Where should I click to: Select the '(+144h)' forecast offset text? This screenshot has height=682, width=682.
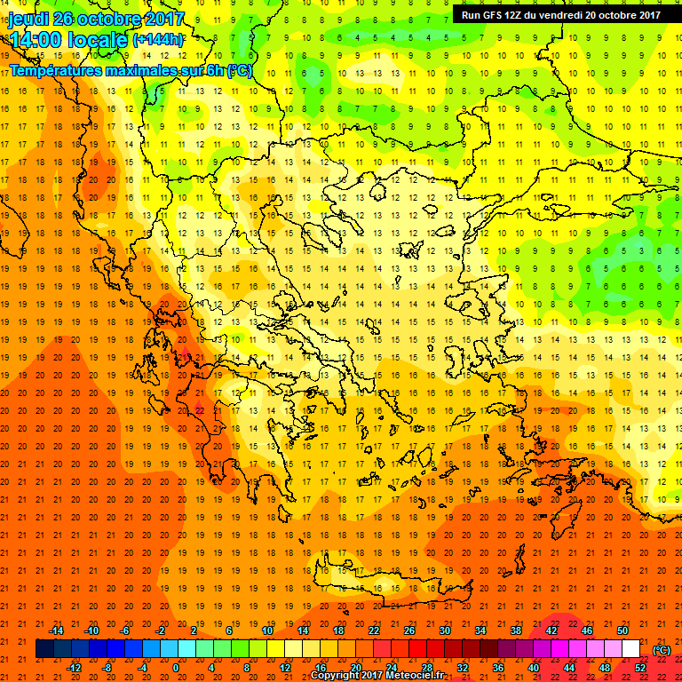click(158, 40)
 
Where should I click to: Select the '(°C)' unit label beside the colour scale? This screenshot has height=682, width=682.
click(662, 650)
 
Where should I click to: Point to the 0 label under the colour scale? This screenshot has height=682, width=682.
click(176, 668)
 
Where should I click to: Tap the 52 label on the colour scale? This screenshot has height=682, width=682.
click(640, 668)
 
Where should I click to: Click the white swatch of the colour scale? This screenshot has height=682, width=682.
click(631, 649)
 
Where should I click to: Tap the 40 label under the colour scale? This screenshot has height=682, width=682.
click(534, 668)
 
